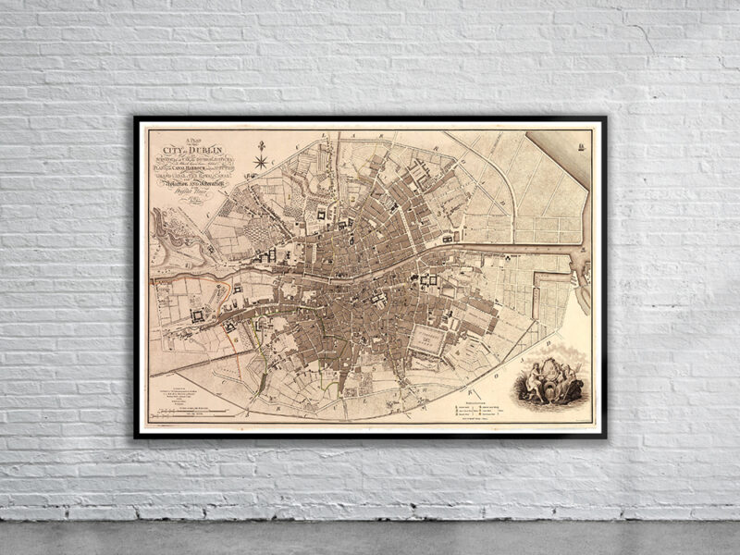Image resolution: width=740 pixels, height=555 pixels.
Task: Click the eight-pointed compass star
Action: click(x=262, y=163)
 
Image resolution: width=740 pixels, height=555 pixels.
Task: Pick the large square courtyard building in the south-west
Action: click(x=198, y=315)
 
